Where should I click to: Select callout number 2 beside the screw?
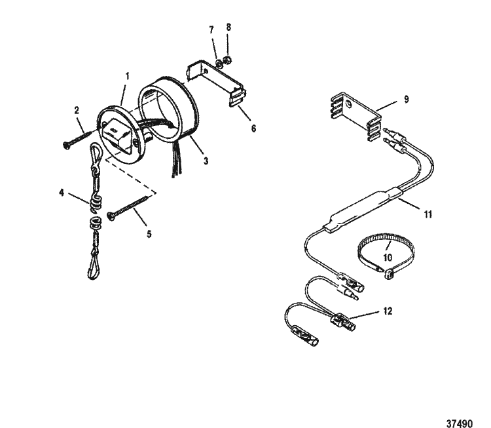[77, 110]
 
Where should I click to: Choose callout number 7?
[211, 30]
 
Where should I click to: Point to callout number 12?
[388, 311]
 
